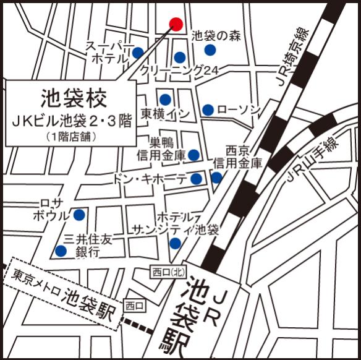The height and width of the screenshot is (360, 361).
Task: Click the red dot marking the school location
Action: pyautogui.click(x=176, y=24)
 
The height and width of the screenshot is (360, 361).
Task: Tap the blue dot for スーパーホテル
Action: pyautogui.click(x=137, y=53)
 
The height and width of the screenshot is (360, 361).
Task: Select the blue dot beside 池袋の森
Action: pyautogui.click(x=210, y=50)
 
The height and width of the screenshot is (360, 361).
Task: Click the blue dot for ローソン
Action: pyautogui.click(x=208, y=110)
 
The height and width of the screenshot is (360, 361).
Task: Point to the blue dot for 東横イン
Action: pyautogui.click(x=165, y=100)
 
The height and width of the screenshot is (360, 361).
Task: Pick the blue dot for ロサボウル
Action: pyautogui.click(x=79, y=215)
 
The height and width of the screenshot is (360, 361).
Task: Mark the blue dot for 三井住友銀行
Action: pyautogui.click(x=61, y=251)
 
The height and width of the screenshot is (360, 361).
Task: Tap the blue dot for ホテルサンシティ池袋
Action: pyautogui.click(x=175, y=244)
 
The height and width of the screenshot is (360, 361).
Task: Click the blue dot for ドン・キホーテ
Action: pyautogui.click(x=196, y=179)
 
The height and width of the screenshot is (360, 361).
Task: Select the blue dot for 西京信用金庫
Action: pyautogui.click(x=216, y=178)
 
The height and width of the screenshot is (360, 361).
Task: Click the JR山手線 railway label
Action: pyautogui.click(x=312, y=161)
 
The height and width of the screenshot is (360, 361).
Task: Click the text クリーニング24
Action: pyautogui.click(x=180, y=72)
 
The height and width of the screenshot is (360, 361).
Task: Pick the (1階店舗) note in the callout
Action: pyautogui.click(x=71, y=137)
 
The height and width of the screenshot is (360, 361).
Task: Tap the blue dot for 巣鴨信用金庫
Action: pyautogui.click(x=193, y=155)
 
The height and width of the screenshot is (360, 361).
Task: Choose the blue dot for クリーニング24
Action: pyautogui.click(x=179, y=58)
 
